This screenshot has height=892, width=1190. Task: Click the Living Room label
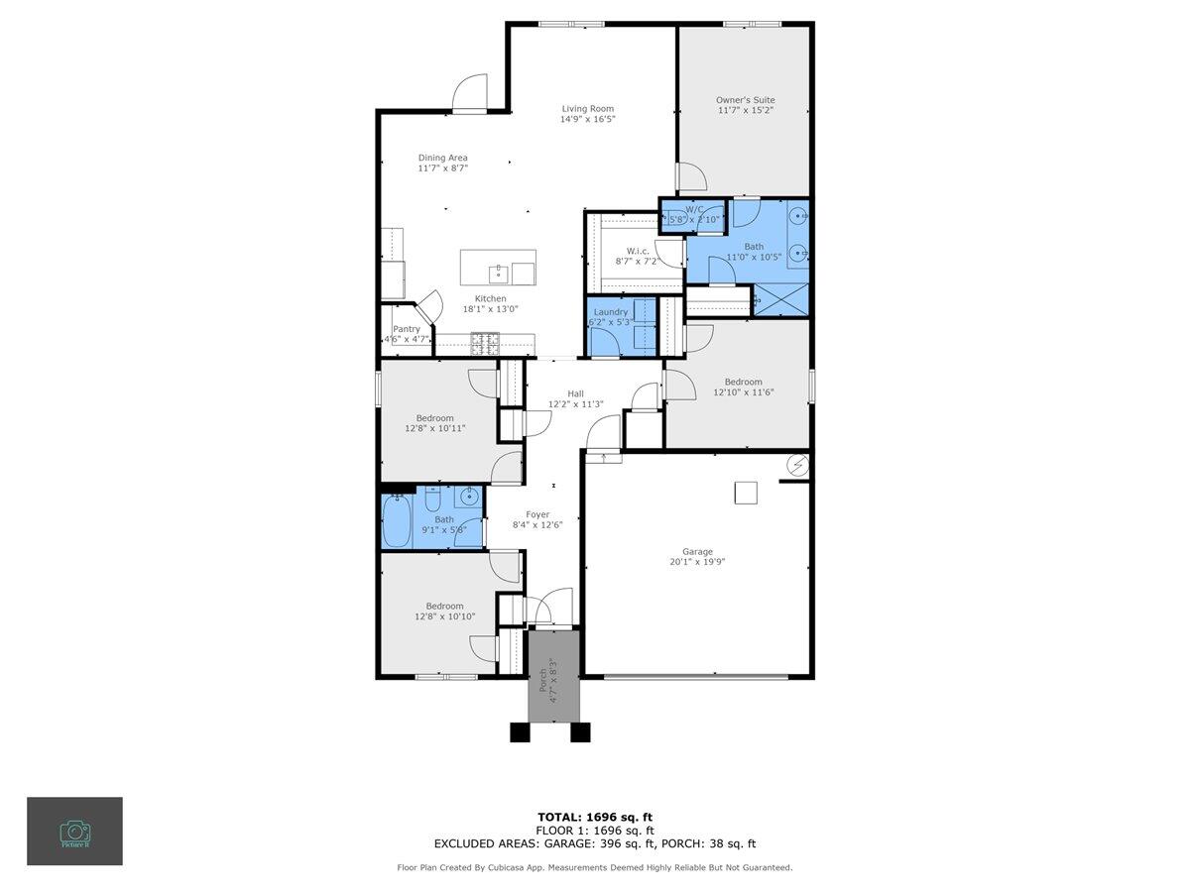tap(587, 109)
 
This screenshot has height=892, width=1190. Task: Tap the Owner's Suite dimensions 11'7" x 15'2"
tap(745, 110)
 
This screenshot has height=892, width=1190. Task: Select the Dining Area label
tap(442, 158)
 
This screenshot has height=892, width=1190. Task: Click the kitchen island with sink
tap(498, 268)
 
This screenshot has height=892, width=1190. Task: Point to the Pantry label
tap(407, 329)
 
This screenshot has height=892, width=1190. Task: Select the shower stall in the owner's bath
tap(780, 299)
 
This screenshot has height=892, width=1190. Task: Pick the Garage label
tap(697, 552)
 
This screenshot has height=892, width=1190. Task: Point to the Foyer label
tap(537, 514)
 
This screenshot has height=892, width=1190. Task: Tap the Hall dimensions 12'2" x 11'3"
tap(575, 404)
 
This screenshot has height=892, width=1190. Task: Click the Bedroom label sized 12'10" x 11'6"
tap(743, 382)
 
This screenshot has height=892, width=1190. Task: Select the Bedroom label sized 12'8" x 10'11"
tap(434, 417)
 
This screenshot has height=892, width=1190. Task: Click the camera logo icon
tap(74, 831)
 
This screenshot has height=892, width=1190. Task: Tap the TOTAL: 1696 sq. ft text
tap(594, 817)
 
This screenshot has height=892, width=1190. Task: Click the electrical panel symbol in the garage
tap(797, 464)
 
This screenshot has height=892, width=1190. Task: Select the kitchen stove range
tap(485, 343)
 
